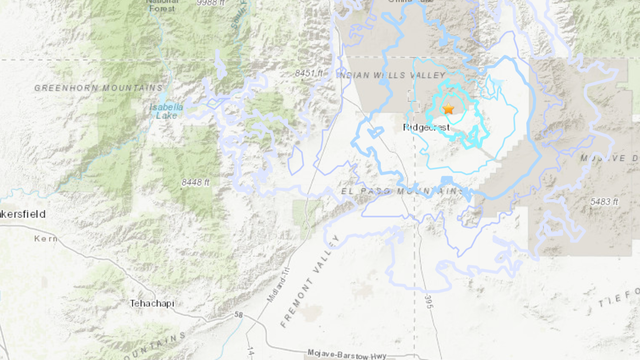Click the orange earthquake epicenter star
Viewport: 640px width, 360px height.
point(449,108)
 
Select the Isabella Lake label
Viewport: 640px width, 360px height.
point(169,111)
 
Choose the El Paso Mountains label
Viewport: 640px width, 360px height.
point(403,190)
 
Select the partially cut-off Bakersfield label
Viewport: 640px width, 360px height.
point(22,214)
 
